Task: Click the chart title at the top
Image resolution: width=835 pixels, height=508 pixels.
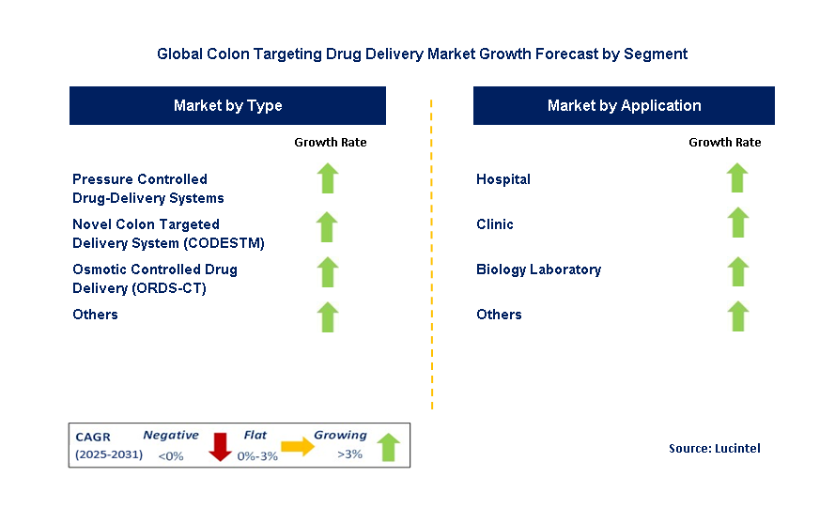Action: (422, 54)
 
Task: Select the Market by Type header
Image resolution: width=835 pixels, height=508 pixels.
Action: (227, 105)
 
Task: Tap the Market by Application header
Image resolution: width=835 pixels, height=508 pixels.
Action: (624, 105)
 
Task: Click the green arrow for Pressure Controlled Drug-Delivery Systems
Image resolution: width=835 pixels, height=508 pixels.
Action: (328, 178)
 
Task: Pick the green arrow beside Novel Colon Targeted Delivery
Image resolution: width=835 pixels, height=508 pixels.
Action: (328, 226)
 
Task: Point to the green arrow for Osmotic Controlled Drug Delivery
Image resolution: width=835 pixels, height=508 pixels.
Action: (328, 271)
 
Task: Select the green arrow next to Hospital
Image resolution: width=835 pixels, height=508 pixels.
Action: (737, 178)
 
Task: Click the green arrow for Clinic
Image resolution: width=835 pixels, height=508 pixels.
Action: (737, 223)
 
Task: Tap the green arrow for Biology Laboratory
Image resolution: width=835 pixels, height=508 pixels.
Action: (737, 271)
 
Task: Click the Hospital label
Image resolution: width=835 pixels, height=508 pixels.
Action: (503, 179)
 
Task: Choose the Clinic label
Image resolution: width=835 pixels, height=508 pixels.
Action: (495, 224)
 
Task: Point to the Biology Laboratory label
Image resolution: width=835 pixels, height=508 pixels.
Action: (538, 269)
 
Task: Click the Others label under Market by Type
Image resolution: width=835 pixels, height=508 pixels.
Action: (95, 315)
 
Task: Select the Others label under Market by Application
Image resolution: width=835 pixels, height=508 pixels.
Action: (499, 315)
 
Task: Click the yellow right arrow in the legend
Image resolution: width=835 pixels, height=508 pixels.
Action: (298, 447)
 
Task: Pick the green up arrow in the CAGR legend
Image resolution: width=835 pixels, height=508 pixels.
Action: (388, 448)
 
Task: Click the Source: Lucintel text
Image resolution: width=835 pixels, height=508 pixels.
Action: (714, 449)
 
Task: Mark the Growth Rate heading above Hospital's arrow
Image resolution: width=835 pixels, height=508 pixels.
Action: (724, 143)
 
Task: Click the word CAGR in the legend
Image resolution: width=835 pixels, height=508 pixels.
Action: (93, 437)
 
